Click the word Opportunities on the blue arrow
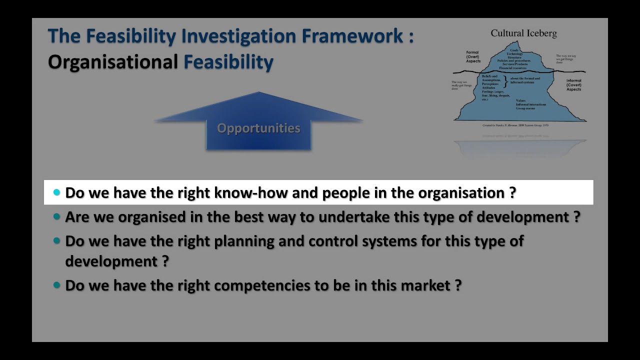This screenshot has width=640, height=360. click(258, 128)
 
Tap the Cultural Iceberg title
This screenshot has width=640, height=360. click(523, 33)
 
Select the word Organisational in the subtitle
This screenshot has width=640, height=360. click(113, 62)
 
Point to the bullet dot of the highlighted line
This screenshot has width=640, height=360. click(56, 192)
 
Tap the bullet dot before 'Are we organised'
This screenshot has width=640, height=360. click(56, 217)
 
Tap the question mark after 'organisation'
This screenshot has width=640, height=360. click(512, 193)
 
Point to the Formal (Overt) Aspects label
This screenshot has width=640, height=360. click(472, 56)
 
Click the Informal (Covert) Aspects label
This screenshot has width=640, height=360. click(573, 85)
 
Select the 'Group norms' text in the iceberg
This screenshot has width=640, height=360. click(526, 108)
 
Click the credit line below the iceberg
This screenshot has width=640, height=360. click(515, 125)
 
